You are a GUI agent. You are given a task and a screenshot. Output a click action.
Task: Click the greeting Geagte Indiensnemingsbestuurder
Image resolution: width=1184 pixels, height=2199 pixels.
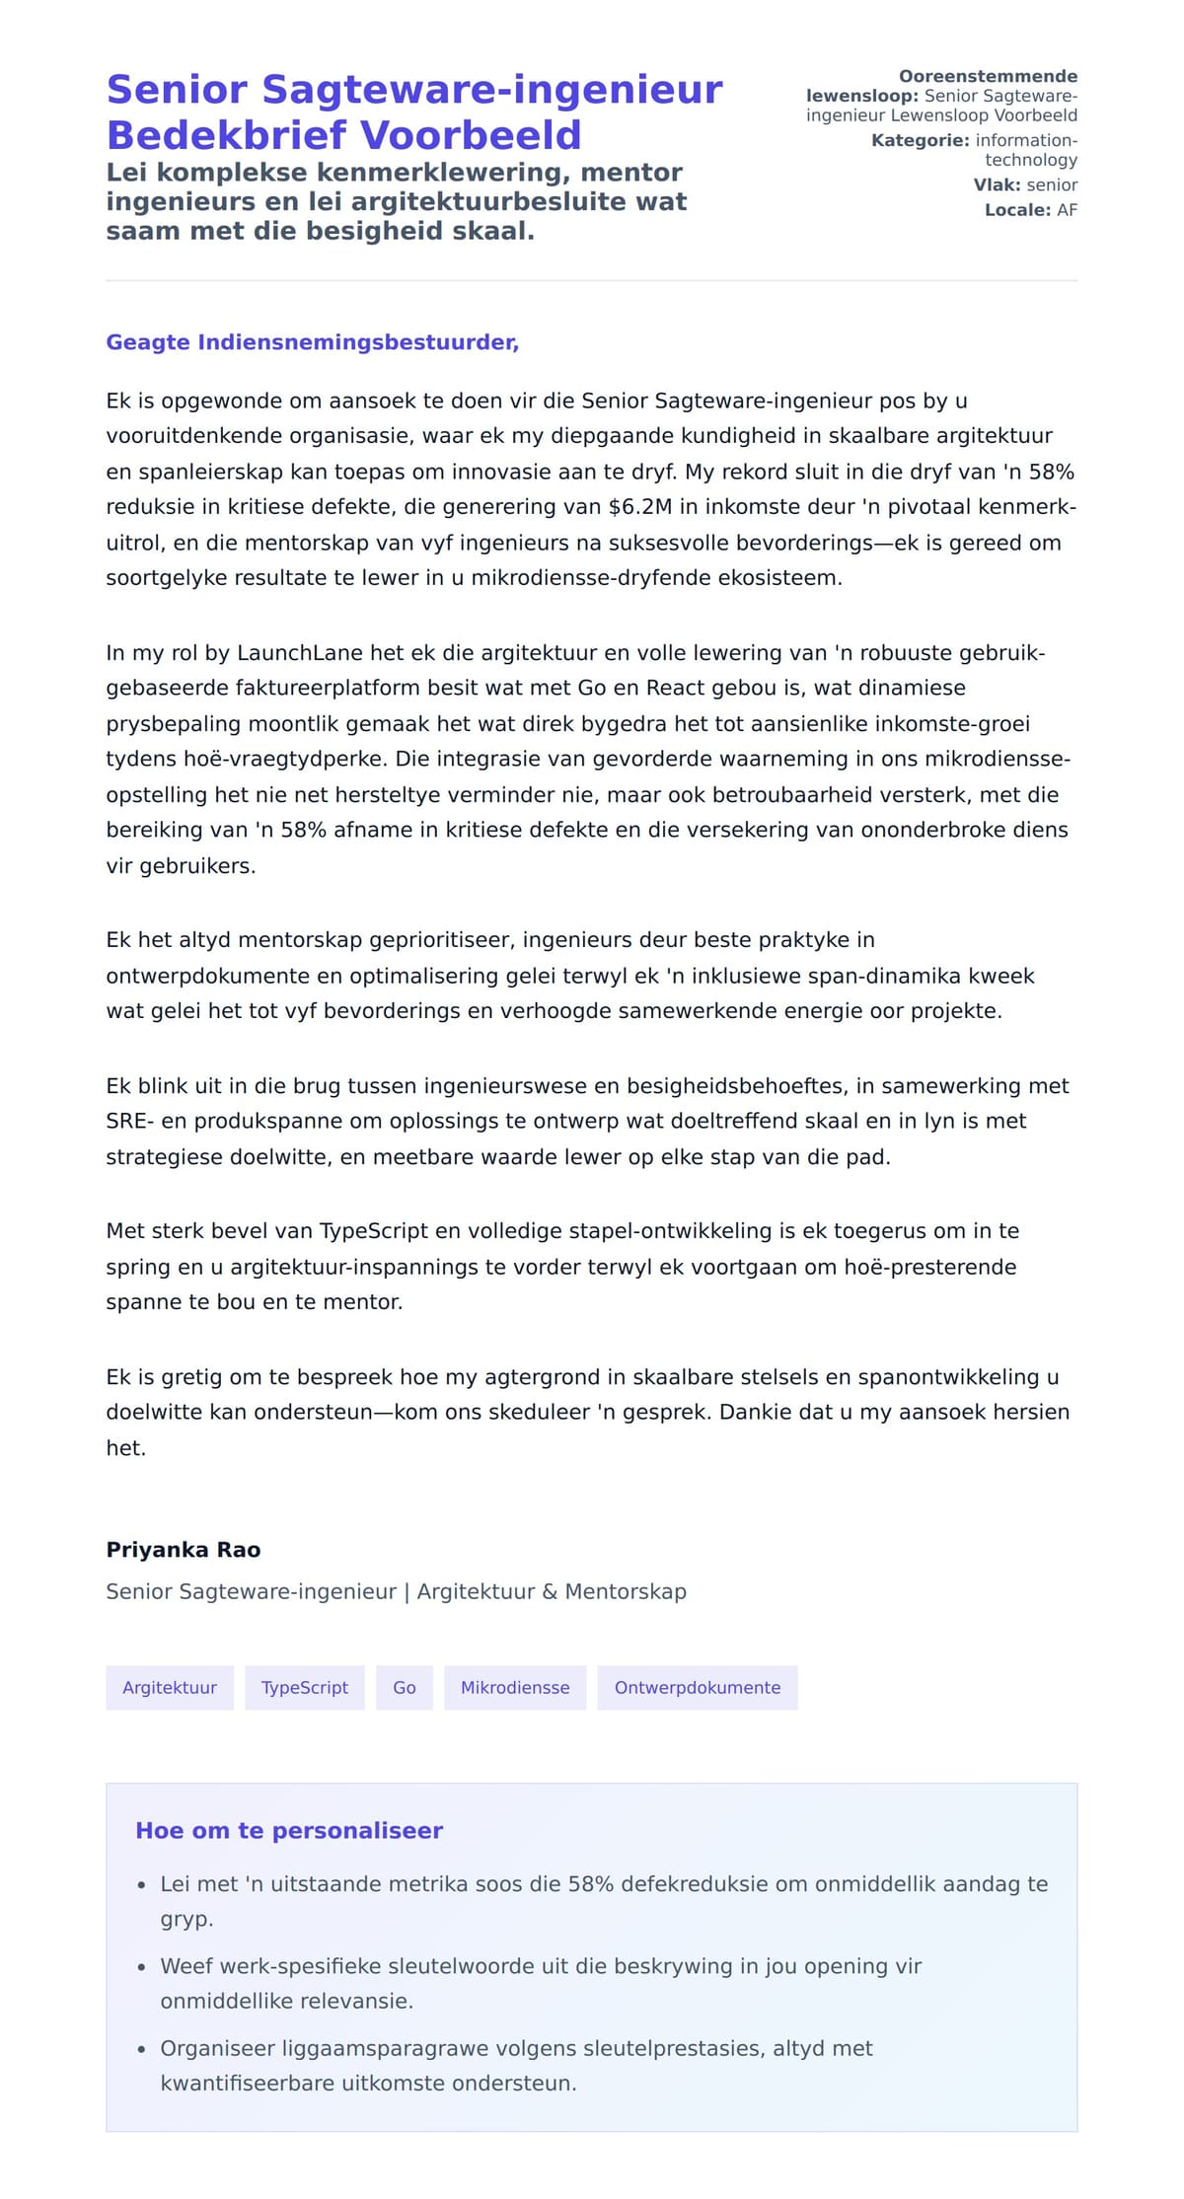312,342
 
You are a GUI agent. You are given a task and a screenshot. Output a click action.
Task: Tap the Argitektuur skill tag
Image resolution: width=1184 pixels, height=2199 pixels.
170,1687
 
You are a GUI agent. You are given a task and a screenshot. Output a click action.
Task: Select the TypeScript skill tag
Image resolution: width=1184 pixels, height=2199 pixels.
304,1687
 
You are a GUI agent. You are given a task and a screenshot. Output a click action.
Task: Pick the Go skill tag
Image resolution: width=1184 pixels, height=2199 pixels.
405,1687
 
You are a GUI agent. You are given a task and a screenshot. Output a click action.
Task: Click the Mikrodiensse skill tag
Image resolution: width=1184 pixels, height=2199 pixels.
515,1687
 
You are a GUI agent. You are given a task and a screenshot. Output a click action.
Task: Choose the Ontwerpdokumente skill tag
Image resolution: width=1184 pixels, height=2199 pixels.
697,1687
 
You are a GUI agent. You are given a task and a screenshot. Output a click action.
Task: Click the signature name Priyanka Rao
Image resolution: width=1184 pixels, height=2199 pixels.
184,1549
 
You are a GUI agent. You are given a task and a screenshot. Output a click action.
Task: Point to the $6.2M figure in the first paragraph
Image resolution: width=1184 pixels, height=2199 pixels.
640,507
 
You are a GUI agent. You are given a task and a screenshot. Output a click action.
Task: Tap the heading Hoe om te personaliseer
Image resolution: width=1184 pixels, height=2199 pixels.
289,1830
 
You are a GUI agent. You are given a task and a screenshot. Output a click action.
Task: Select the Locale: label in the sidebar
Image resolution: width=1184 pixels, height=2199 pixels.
1017,210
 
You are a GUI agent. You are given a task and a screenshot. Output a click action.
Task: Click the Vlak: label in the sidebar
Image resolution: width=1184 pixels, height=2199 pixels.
997,184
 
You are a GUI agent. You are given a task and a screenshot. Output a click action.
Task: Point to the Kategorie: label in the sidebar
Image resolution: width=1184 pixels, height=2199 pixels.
920,140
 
